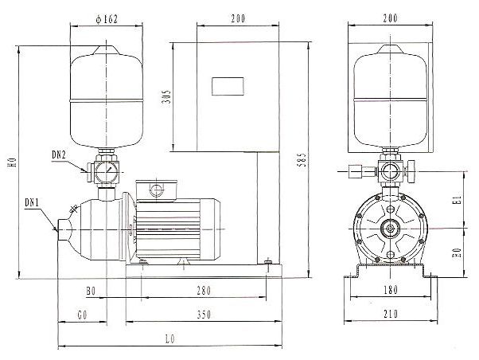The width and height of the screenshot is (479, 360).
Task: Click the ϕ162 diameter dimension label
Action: (x=107, y=20)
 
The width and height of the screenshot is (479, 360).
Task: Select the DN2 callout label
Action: (x=59, y=155)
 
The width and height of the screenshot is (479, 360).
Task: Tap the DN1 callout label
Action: (x=33, y=202)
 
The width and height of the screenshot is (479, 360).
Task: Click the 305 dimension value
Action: (x=167, y=97)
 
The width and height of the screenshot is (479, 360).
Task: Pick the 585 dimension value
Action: (x=302, y=159)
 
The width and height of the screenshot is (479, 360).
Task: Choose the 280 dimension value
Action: (x=204, y=290)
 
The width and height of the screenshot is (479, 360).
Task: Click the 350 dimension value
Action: (x=204, y=315)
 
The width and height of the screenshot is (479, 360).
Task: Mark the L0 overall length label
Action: (x=170, y=339)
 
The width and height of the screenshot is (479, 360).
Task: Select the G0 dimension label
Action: (x=83, y=315)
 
